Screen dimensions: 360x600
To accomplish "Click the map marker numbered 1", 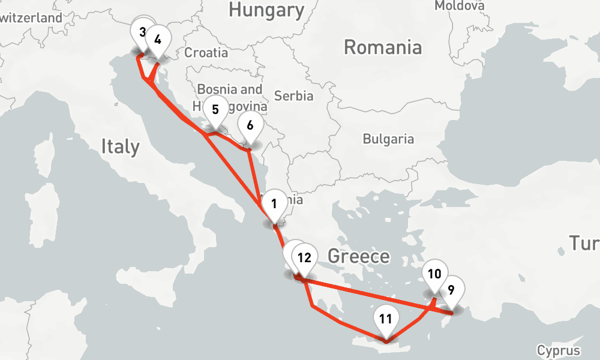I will pyautogui.click(x=274, y=204).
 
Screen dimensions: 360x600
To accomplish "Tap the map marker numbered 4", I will pyautogui.click(x=158, y=40).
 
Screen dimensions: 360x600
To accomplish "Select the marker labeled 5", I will pyautogui.click(x=215, y=110).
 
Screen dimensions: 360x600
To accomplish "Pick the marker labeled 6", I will pyautogui.click(x=250, y=126).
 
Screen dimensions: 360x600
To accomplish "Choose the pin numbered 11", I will pyautogui.click(x=386, y=319).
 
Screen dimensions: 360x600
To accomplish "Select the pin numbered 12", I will pyautogui.click(x=304, y=259).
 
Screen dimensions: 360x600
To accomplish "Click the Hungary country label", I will pyautogui.click(x=266, y=10).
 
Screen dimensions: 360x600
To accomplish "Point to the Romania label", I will pyautogui.click(x=382, y=47).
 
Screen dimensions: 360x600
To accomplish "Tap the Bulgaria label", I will pyautogui.click(x=388, y=139).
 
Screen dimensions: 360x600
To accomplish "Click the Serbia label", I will pyautogui.click(x=293, y=95).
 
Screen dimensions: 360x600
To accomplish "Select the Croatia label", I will pyautogui.click(x=206, y=53).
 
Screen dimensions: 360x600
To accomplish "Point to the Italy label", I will pyautogui.click(x=120, y=146).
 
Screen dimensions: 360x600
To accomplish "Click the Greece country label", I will pyautogui.click(x=359, y=257).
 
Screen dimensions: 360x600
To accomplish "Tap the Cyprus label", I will pyautogui.click(x=559, y=351).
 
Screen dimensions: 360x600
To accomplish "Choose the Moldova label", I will pyautogui.click(x=459, y=5).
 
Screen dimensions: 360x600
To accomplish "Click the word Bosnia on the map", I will pyautogui.click(x=216, y=89).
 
